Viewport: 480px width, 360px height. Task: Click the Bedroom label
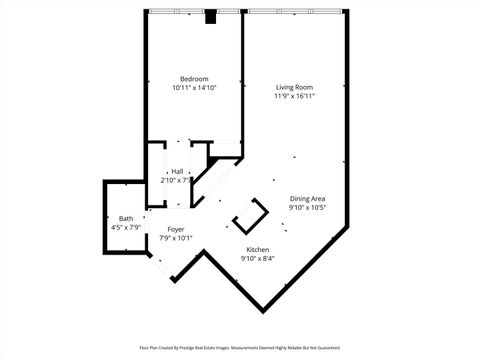coord(194,79)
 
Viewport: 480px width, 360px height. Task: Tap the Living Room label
coord(295,88)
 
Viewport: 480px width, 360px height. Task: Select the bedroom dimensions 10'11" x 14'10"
coord(194,88)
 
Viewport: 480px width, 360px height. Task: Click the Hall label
coord(177,171)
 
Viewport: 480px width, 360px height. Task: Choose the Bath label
coord(126,219)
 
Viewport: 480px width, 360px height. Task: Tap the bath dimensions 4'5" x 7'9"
coord(126,228)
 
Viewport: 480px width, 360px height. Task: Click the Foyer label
coord(175,229)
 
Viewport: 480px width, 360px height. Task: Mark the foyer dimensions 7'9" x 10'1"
coord(175,238)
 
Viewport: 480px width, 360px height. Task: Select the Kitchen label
coord(257,249)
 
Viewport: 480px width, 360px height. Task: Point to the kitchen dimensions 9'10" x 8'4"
coord(257,258)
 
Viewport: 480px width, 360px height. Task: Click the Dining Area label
coord(307,199)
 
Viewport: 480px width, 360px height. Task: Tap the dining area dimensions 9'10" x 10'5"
coord(307,208)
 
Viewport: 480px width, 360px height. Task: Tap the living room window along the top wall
coord(294,12)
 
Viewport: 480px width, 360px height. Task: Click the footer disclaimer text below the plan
coord(240,348)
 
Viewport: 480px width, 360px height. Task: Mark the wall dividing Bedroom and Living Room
coord(243,80)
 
